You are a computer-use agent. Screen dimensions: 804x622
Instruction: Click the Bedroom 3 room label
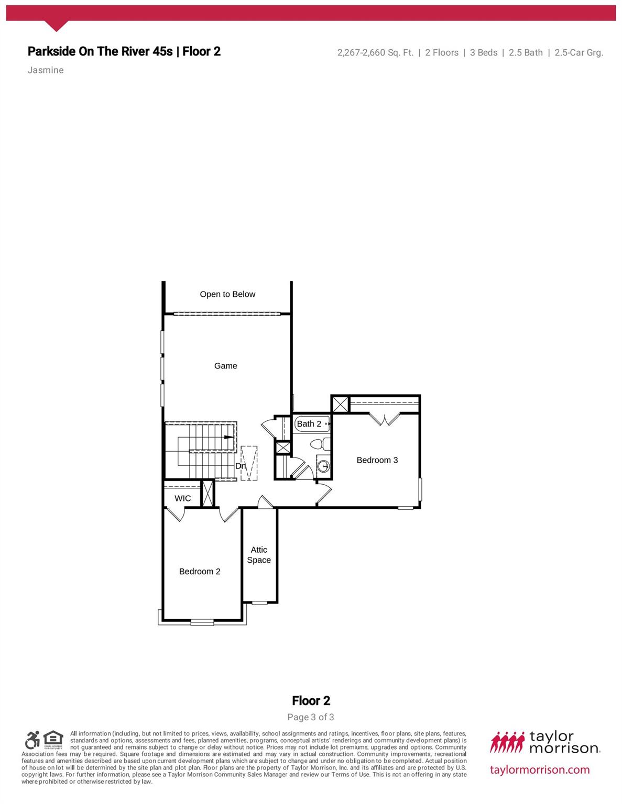pyautogui.click(x=377, y=460)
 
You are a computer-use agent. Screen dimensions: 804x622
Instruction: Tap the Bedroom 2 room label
pyautogui.click(x=200, y=572)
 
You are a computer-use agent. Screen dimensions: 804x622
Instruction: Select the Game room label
pyautogui.click(x=225, y=366)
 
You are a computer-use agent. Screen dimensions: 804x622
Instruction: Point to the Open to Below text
pyautogui.click(x=227, y=294)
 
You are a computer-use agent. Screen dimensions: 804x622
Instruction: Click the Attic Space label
pyautogui.click(x=259, y=555)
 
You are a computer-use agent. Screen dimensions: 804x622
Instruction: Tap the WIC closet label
pyautogui.click(x=182, y=498)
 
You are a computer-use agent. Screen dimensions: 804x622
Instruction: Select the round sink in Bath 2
pyautogui.click(x=324, y=465)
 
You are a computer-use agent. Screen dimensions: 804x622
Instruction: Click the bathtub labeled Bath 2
pyautogui.click(x=312, y=423)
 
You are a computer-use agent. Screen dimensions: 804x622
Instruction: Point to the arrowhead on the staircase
pyautogui.click(x=229, y=437)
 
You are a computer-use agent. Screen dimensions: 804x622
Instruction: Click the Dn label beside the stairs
pyautogui.click(x=240, y=466)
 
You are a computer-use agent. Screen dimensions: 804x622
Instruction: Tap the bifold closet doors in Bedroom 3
pyautogui.click(x=385, y=419)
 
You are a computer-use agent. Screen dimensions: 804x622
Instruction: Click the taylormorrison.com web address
pyautogui.click(x=540, y=769)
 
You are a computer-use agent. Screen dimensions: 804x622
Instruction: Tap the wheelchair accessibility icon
pyautogui.click(x=32, y=740)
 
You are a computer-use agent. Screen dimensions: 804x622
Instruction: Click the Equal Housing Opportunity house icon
pyautogui.click(x=53, y=740)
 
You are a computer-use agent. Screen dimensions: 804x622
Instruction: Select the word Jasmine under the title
pyautogui.click(x=46, y=70)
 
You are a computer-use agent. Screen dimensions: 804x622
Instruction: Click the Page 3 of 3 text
pyautogui.click(x=311, y=717)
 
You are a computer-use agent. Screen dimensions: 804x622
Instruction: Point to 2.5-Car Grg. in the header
pyautogui.click(x=579, y=52)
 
